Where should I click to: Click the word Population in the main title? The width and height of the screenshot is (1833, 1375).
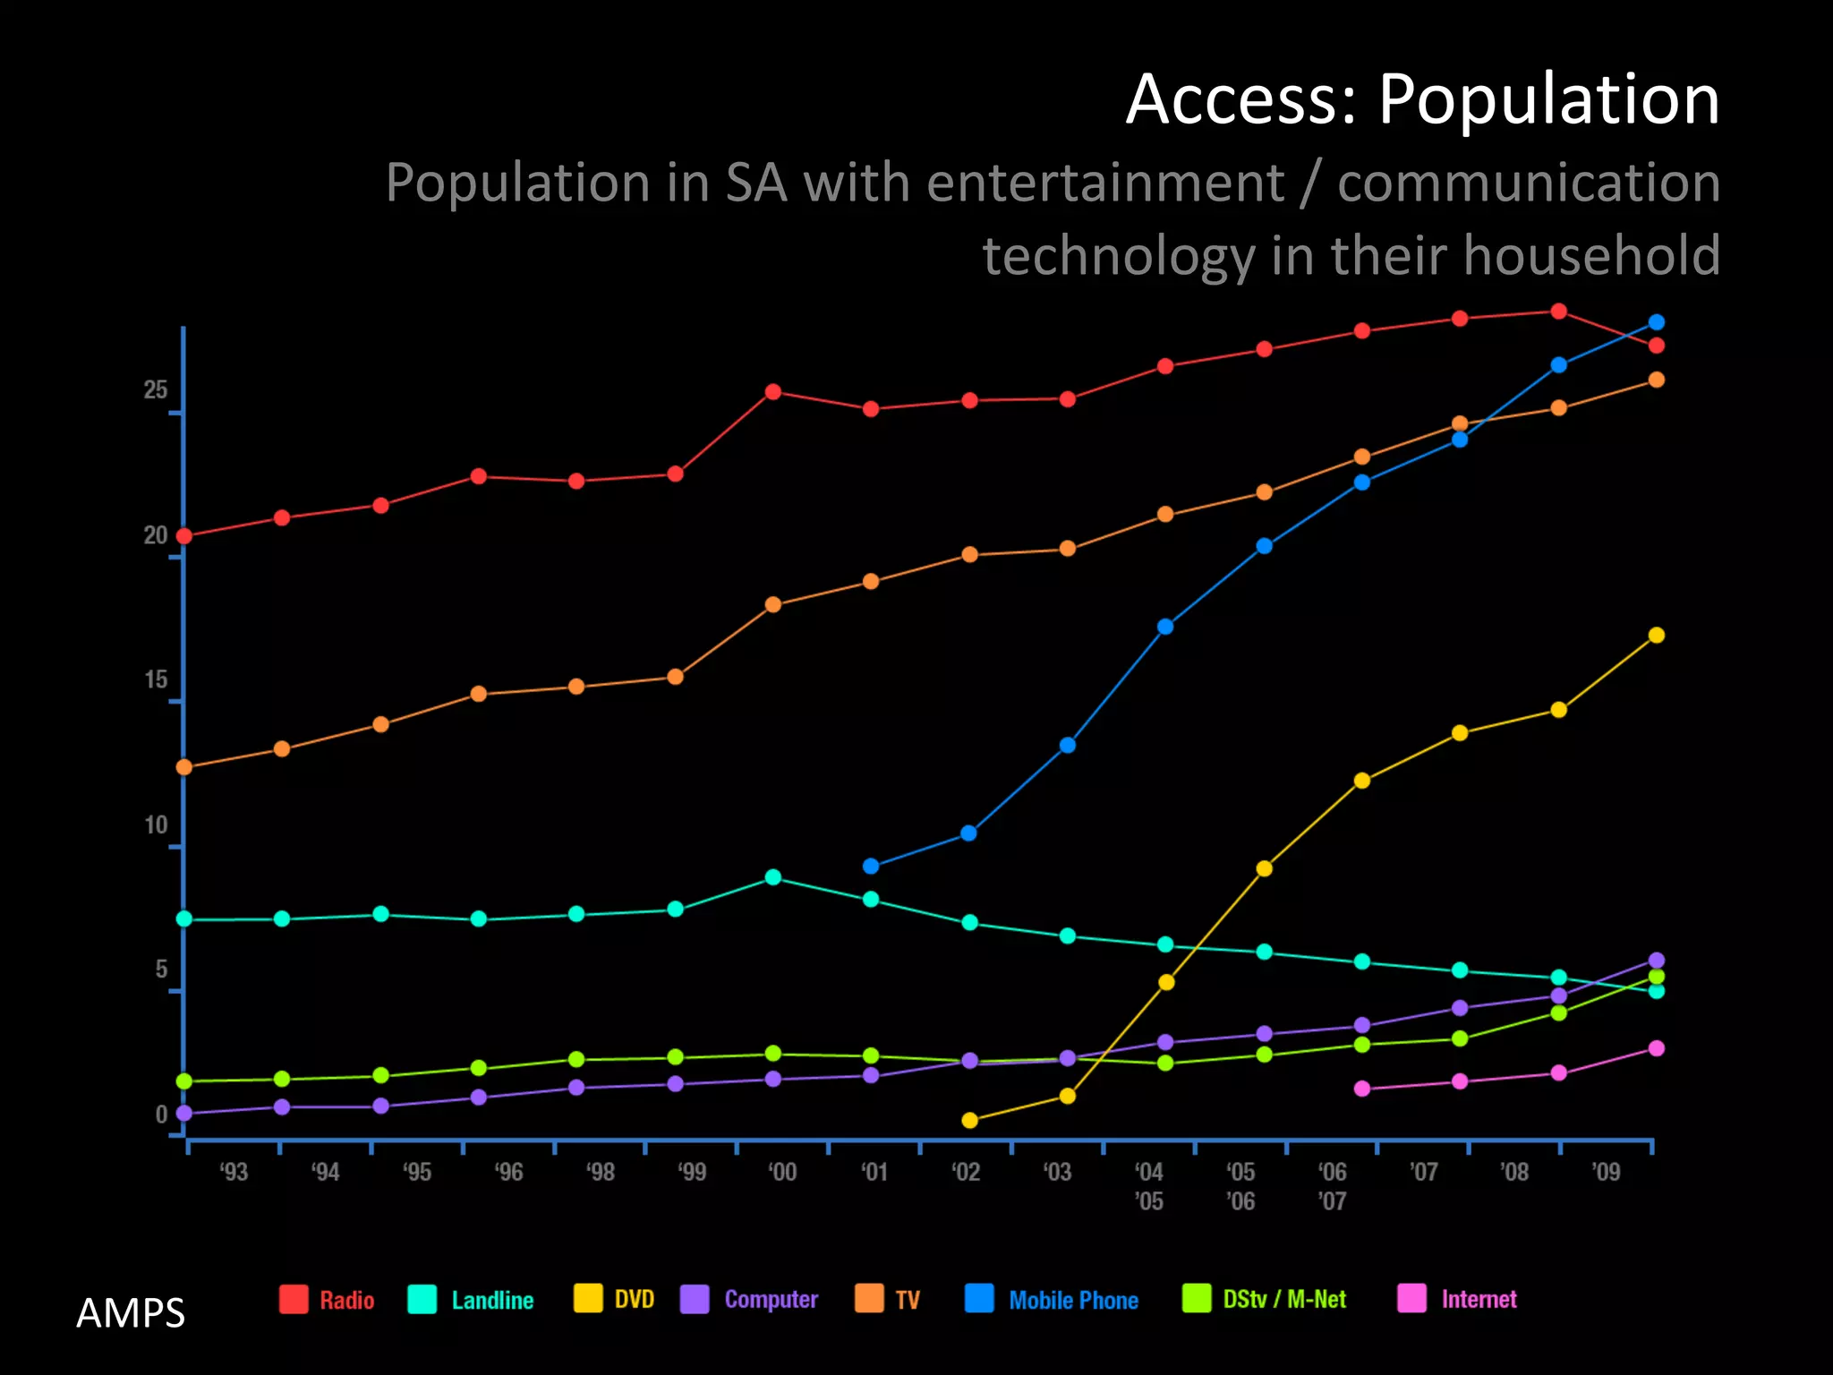[1548, 100]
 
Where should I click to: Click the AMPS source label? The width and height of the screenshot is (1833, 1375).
[131, 1313]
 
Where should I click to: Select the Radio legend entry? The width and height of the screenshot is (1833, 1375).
[327, 1300]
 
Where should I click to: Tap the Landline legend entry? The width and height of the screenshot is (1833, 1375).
[471, 1300]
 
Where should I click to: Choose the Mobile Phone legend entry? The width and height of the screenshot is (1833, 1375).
[1053, 1300]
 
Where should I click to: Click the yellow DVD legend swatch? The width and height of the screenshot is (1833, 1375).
[588, 1299]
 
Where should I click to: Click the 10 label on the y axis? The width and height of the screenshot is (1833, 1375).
[156, 825]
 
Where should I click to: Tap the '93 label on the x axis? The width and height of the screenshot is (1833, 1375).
[234, 1172]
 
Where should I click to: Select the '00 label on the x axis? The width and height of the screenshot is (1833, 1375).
[782, 1172]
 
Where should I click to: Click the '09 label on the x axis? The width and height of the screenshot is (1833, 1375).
[1606, 1172]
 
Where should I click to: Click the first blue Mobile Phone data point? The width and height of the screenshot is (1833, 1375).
[871, 867]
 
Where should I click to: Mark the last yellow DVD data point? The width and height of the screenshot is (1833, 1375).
[1657, 635]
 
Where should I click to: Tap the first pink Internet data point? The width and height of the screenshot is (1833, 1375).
[1362, 1089]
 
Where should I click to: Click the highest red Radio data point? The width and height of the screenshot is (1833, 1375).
[1558, 312]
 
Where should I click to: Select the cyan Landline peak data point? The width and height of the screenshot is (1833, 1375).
[773, 877]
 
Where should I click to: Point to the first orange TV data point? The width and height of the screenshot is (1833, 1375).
[184, 767]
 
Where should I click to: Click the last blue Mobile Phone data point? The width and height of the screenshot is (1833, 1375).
[1657, 322]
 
